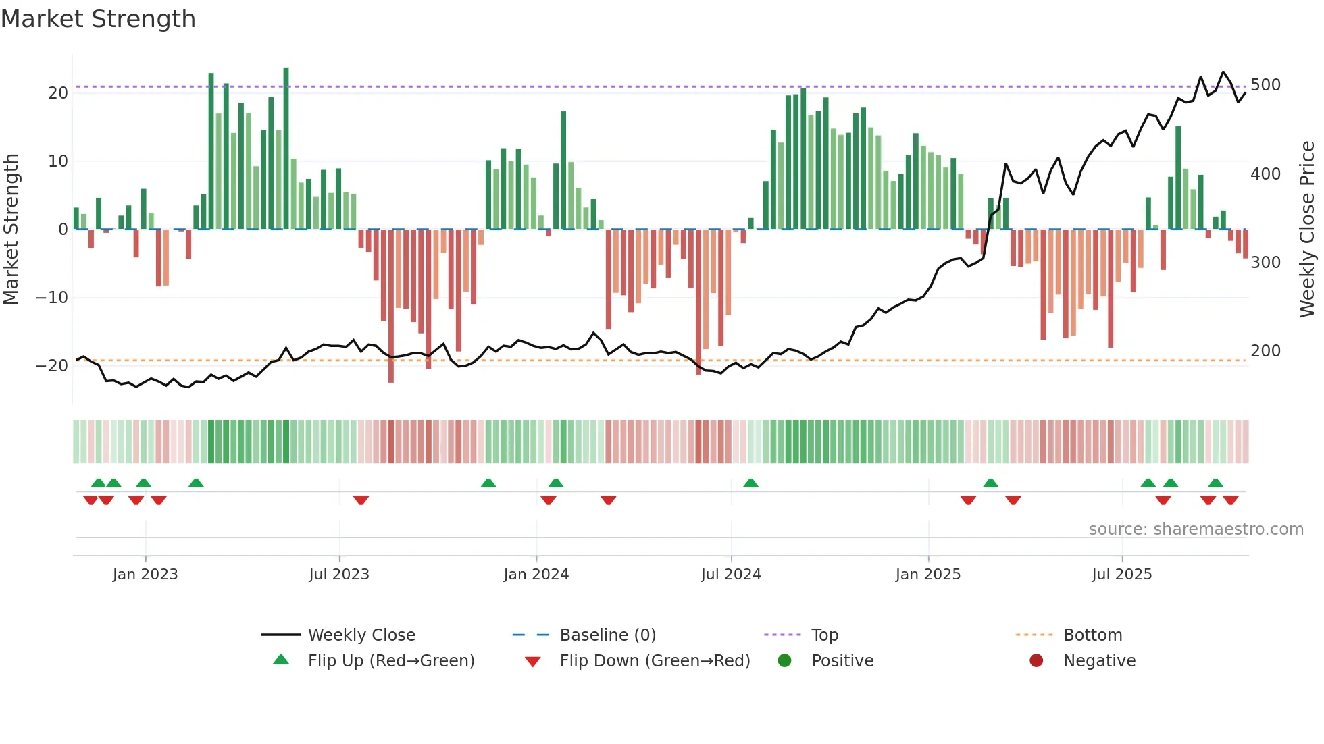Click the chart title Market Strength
tap(98, 19)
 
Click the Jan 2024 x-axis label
tap(536, 575)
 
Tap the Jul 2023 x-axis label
tap(338, 575)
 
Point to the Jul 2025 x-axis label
tap(1121, 575)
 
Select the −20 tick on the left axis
tap(52, 366)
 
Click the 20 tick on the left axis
tap(58, 93)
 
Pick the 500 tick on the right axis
tap(1265, 85)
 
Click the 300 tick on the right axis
tap(1265, 263)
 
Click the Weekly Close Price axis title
tap(1307, 230)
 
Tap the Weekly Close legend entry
tap(361, 635)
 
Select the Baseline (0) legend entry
tap(607, 635)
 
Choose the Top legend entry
tap(824, 635)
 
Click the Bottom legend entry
tap(1092, 635)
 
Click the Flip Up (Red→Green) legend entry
tap(390, 661)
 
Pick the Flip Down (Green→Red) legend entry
tap(655, 661)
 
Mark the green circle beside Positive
tap(784, 660)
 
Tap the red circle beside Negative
tap(1036, 660)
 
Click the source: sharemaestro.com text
tap(1196, 529)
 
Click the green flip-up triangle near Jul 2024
tap(750, 483)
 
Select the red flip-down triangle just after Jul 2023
tap(361, 500)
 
